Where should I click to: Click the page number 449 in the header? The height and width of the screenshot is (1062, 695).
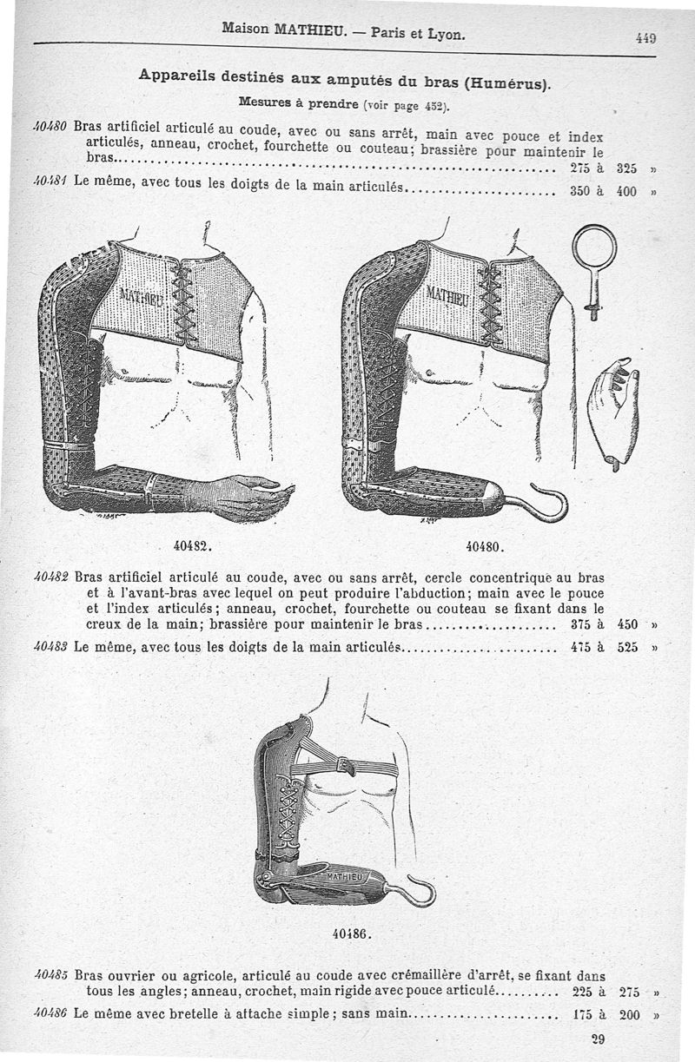point(644,38)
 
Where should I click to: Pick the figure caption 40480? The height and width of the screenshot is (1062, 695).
point(486,547)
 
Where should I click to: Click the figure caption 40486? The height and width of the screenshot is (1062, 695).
point(352,934)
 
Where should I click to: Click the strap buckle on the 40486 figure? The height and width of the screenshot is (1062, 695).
point(344,766)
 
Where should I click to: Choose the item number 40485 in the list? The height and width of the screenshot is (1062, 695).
point(52,975)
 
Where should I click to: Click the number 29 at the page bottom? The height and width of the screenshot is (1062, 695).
point(597,1039)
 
